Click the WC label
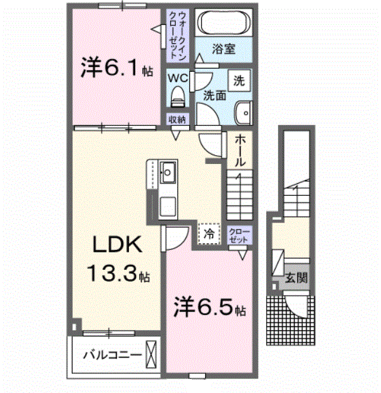[x=177, y=77]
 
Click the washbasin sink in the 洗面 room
[x=243, y=113]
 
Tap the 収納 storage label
[x=177, y=119]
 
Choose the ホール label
[x=241, y=150]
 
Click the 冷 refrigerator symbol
[x=208, y=233]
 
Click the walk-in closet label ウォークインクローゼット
[x=177, y=35]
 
